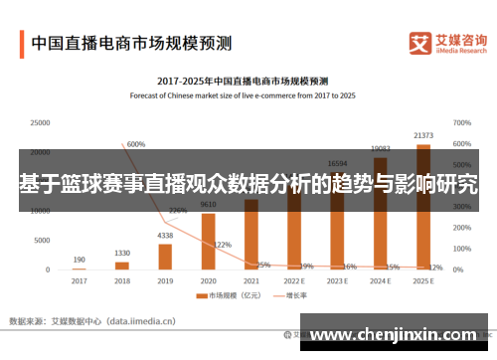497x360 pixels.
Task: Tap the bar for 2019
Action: tap(165, 257)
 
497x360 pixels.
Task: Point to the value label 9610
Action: tap(208, 205)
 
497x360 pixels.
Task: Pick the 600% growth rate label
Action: tap(136, 144)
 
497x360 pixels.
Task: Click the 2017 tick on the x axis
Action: tap(79, 281)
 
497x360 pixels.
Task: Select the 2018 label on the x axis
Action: tap(122, 281)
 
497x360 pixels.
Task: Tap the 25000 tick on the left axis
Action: tap(40, 123)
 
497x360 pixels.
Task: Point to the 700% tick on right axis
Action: tap(461, 123)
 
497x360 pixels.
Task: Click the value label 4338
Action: tap(165, 236)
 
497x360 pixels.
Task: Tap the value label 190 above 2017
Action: tap(79, 260)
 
